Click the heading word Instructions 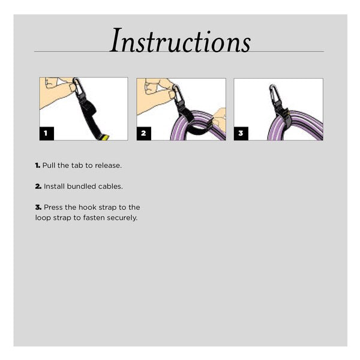[181, 40]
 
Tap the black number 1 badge [47, 133]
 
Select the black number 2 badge [144, 133]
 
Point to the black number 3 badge [241, 133]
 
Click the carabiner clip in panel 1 [77, 87]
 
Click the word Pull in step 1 [49, 166]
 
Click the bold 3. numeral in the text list [38, 208]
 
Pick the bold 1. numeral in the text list [38, 166]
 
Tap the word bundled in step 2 [81, 186]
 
